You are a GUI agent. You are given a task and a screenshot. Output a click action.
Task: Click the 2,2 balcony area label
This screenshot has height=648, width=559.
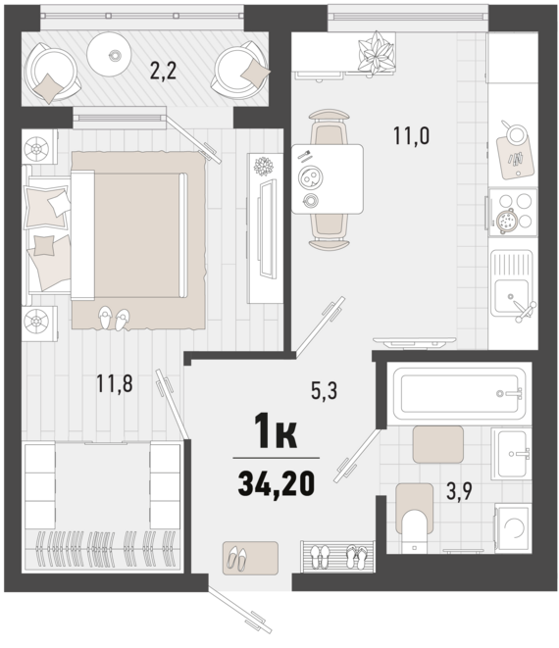tap(163, 71)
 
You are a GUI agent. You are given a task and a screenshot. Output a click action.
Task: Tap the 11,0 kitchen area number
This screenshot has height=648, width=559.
tap(411, 135)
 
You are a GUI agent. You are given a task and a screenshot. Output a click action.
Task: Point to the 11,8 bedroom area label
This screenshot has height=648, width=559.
tap(115, 383)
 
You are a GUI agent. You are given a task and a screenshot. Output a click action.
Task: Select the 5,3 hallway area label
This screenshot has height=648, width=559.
tap(325, 390)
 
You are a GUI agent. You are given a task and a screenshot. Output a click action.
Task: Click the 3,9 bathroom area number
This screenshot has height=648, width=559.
tap(459, 491)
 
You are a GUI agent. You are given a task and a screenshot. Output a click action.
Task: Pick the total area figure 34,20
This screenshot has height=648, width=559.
tap(277, 484)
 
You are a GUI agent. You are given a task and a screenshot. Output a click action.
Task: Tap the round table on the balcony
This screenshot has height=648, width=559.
tap(110, 54)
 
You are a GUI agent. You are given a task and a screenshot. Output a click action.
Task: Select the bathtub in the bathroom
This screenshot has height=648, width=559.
tap(459, 394)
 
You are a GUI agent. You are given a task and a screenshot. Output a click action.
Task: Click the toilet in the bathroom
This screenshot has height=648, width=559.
tap(414, 519)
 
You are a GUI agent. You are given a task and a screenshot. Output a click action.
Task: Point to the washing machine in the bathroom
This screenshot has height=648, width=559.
tap(513, 527)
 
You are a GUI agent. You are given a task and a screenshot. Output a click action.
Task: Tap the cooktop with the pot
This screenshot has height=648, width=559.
tap(513, 213)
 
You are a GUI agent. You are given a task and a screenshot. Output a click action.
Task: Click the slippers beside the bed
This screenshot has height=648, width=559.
tap(114, 319)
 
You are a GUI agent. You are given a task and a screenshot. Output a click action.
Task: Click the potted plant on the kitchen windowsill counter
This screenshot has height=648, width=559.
tap(376, 53)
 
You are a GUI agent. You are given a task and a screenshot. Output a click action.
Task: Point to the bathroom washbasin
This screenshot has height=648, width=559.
tap(512, 454)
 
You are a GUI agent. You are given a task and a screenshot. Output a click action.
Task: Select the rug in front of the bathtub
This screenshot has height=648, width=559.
tap(437, 444)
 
